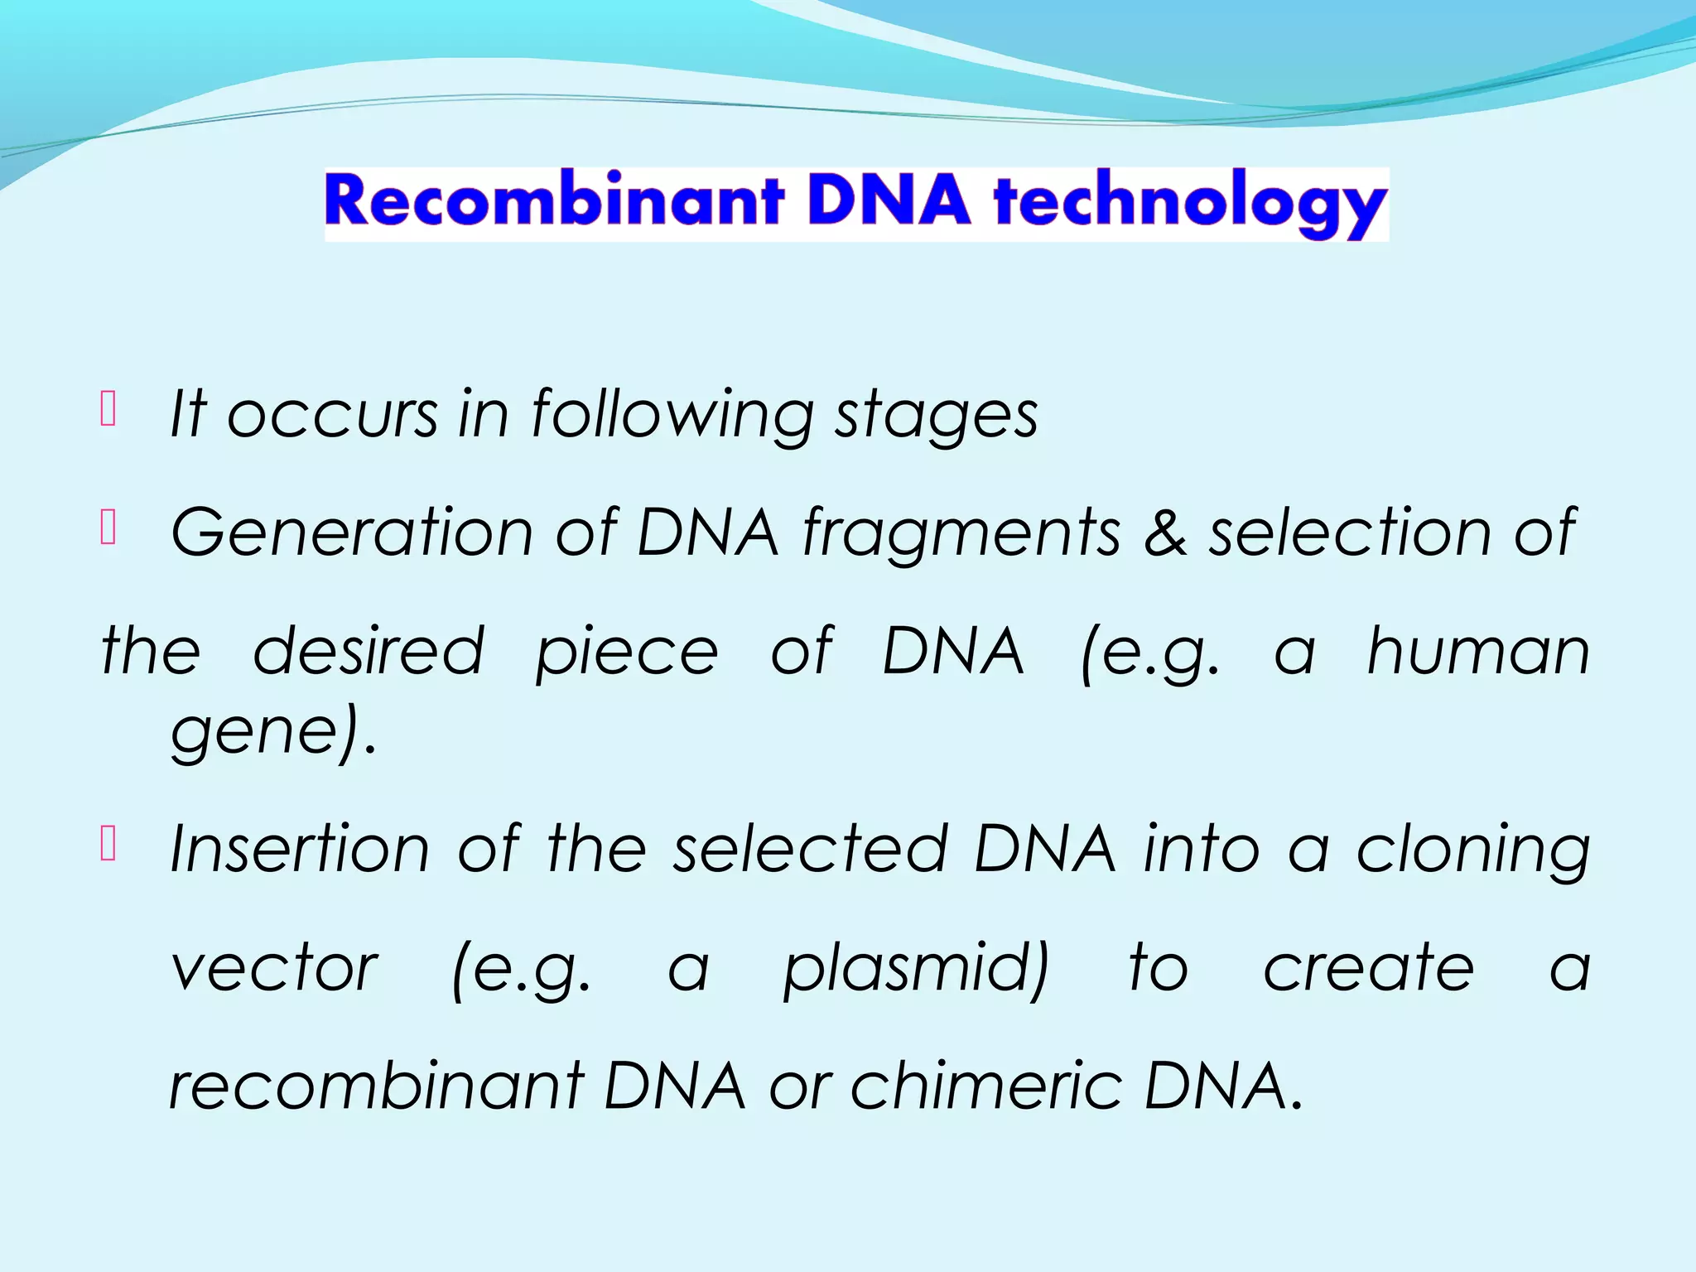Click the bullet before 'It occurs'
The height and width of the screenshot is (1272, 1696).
tap(108, 408)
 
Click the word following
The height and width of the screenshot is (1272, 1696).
tap(672, 414)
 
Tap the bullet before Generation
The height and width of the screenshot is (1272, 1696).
tap(108, 528)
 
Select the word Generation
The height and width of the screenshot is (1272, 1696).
tap(352, 532)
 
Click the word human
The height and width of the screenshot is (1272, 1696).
tap(1478, 652)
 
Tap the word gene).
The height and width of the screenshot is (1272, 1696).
tap(273, 731)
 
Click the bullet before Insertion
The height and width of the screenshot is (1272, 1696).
tap(108, 845)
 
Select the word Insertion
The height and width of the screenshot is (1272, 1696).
tap(300, 850)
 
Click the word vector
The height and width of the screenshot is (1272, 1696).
tap(274, 968)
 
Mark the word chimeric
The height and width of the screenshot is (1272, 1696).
tap(985, 1086)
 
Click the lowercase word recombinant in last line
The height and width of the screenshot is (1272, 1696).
tap(376, 1086)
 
